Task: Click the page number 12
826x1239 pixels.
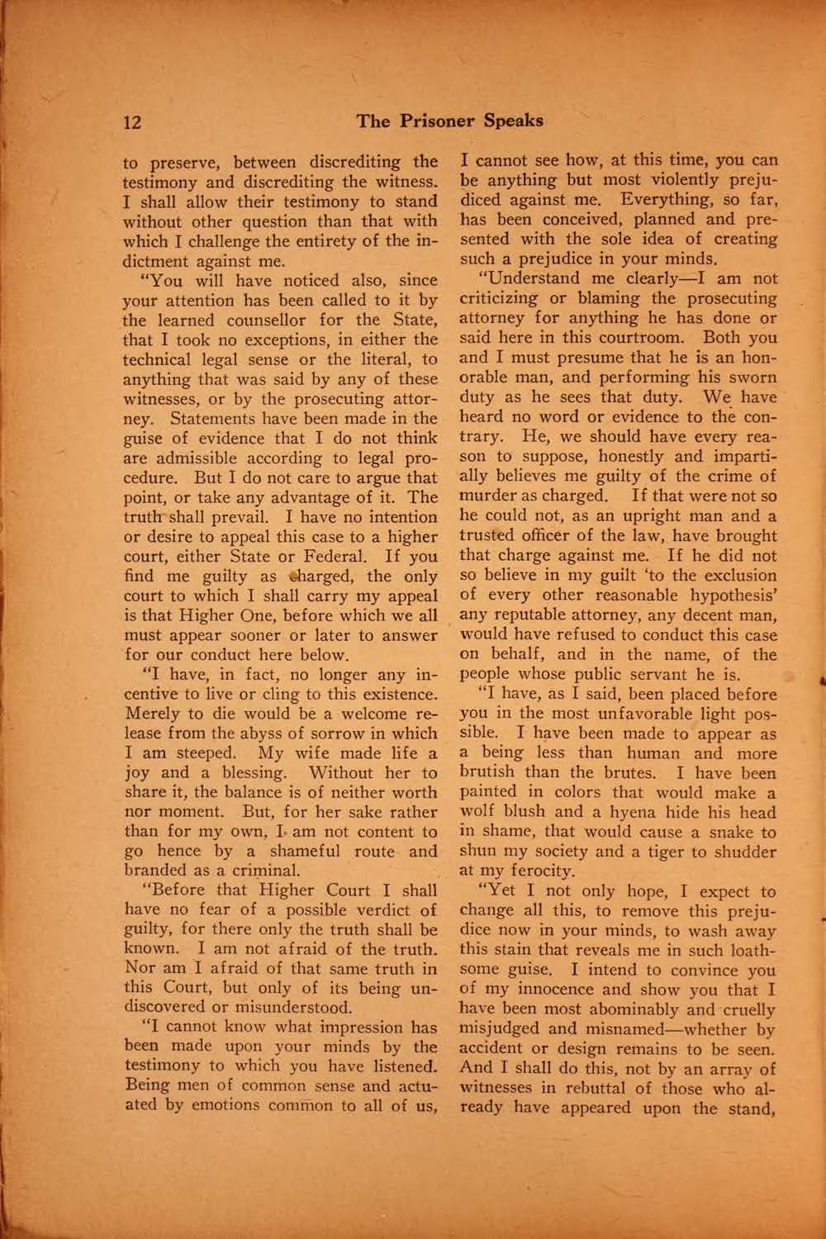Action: coord(132,122)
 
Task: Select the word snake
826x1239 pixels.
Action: coord(728,833)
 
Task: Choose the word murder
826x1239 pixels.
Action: coord(487,496)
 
